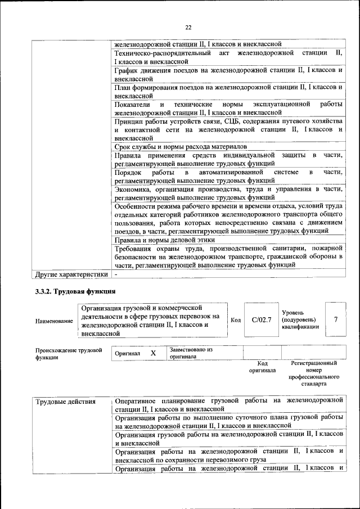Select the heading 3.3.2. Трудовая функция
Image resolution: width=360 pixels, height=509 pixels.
tap(75, 291)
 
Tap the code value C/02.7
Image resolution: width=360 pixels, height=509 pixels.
tap(262, 319)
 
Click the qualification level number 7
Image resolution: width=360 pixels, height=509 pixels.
tap(336, 319)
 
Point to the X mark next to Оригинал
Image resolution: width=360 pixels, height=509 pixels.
tap(152, 353)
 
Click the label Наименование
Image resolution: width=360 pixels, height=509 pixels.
tap(54, 321)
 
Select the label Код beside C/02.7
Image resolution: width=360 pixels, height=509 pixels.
tap(236, 320)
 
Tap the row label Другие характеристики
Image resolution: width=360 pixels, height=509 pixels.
tap(71, 274)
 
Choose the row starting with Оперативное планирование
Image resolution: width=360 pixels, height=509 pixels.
tap(228, 404)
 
